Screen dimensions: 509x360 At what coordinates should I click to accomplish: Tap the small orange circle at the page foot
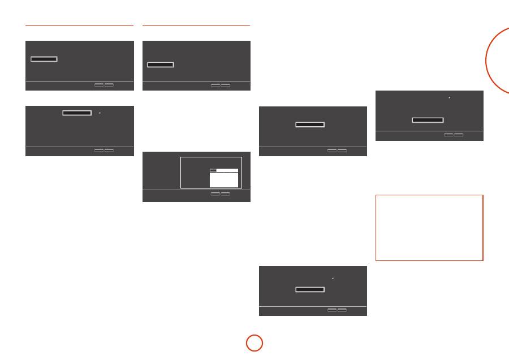tap(254, 343)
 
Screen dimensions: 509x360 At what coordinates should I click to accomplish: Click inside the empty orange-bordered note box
tap(429, 228)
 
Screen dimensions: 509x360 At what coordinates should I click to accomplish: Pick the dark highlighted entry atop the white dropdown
tap(213, 170)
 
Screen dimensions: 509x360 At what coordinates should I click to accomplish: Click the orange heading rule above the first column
tap(79, 25)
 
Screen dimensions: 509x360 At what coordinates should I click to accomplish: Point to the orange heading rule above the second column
tap(196, 25)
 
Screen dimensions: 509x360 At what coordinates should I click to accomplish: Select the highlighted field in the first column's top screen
tap(44, 59)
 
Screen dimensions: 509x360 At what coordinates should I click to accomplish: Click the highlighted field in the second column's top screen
tap(161, 65)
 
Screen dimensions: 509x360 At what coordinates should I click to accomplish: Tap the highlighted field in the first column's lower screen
tap(77, 113)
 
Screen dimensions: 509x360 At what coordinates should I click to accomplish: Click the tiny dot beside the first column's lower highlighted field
tap(100, 113)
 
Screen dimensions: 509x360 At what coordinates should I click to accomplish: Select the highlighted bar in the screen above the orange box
tap(428, 120)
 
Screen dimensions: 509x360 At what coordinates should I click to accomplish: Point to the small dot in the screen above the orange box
tap(449, 98)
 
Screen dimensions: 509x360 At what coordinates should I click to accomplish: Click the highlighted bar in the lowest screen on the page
tap(310, 289)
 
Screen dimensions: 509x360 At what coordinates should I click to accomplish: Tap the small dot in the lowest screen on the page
tap(333, 278)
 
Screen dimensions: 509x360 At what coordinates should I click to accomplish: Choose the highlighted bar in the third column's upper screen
tap(310, 123)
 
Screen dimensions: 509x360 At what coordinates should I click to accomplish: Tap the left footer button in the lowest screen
tap(332, 310)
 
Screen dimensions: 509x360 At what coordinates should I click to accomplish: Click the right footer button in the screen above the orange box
tap(459, 135)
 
